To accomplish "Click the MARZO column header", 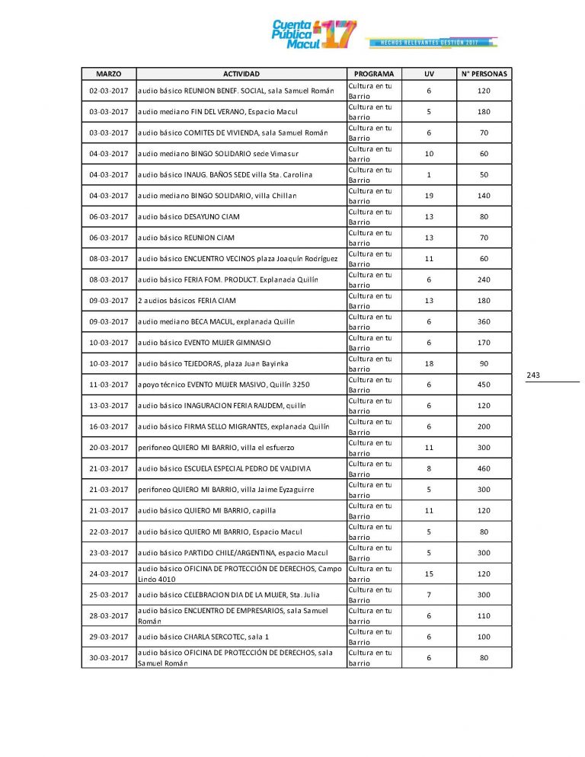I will tap(108, 74).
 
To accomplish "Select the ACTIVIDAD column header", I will tap(241, 74).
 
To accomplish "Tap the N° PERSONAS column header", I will tap(484, 74).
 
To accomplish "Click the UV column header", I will tap(429, 74).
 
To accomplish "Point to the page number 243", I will tap(533, 375).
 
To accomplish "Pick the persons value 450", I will tap(484, 385).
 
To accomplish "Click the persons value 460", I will tap(484, 468).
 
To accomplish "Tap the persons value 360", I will tap(484, 321).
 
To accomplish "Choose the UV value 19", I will tap(429, 196).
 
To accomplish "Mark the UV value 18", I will tap(429, 363).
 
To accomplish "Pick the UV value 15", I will tap(429, 573).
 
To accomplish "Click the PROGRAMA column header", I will tap(374, 74).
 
